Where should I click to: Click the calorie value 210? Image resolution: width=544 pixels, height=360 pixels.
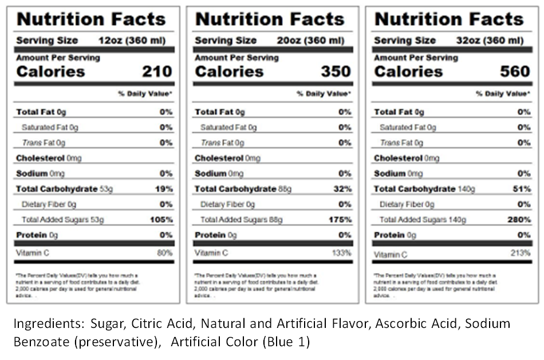[157, 72]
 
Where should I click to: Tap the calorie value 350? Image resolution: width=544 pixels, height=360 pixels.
[336, 72]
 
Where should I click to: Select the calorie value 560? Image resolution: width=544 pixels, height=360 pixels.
[515, 72]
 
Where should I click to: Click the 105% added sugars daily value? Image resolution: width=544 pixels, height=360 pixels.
[161, 220]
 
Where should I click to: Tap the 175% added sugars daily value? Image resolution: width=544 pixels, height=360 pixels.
[340, 220]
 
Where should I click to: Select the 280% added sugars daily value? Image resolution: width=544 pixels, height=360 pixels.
[519, 220]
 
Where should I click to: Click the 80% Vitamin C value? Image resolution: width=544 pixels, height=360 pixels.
[165, 252]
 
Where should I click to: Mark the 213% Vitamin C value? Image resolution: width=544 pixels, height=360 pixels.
[521, 252]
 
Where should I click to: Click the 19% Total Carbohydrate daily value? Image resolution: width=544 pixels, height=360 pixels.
[165, 189]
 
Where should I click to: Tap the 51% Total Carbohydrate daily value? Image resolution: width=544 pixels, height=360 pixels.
[522, 189]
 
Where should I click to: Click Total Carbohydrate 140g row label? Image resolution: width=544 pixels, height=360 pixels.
[424, 189]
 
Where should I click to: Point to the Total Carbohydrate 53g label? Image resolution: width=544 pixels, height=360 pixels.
[64, 189]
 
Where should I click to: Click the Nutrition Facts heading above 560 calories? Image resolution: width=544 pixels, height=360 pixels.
[449, 19]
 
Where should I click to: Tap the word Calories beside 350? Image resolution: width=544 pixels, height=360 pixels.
[229, 72]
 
